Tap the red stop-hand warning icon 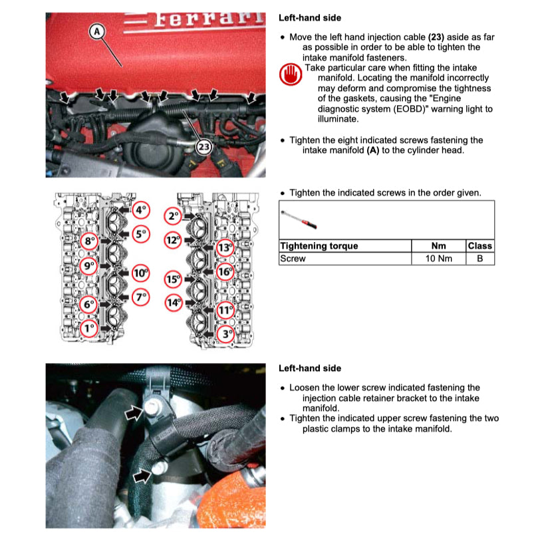point(290,75)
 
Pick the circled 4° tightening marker point(140,211)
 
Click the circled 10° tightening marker point(140,273)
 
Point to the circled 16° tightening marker point(225,271)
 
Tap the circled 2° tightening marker point(174,216)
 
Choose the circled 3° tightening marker point(227,334)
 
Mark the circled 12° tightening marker point(174,240)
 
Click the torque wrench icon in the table point(298,216)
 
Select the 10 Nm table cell point(438,258)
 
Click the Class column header point(479,246)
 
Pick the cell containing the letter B point(479,258)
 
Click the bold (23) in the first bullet point(436,38)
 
